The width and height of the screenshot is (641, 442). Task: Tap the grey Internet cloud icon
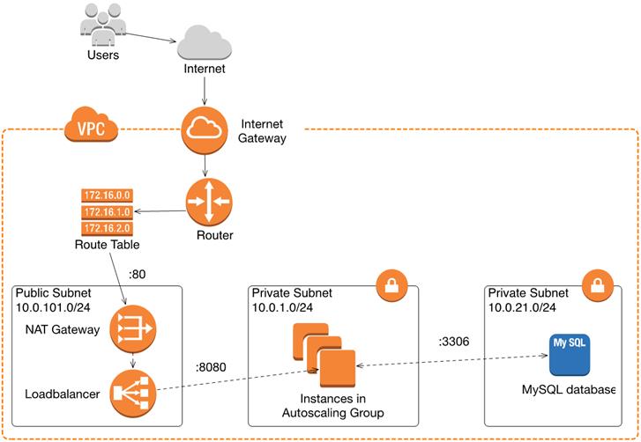tap(205, 41)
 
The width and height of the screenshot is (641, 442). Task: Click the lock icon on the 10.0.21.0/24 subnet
tap(600, 285)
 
